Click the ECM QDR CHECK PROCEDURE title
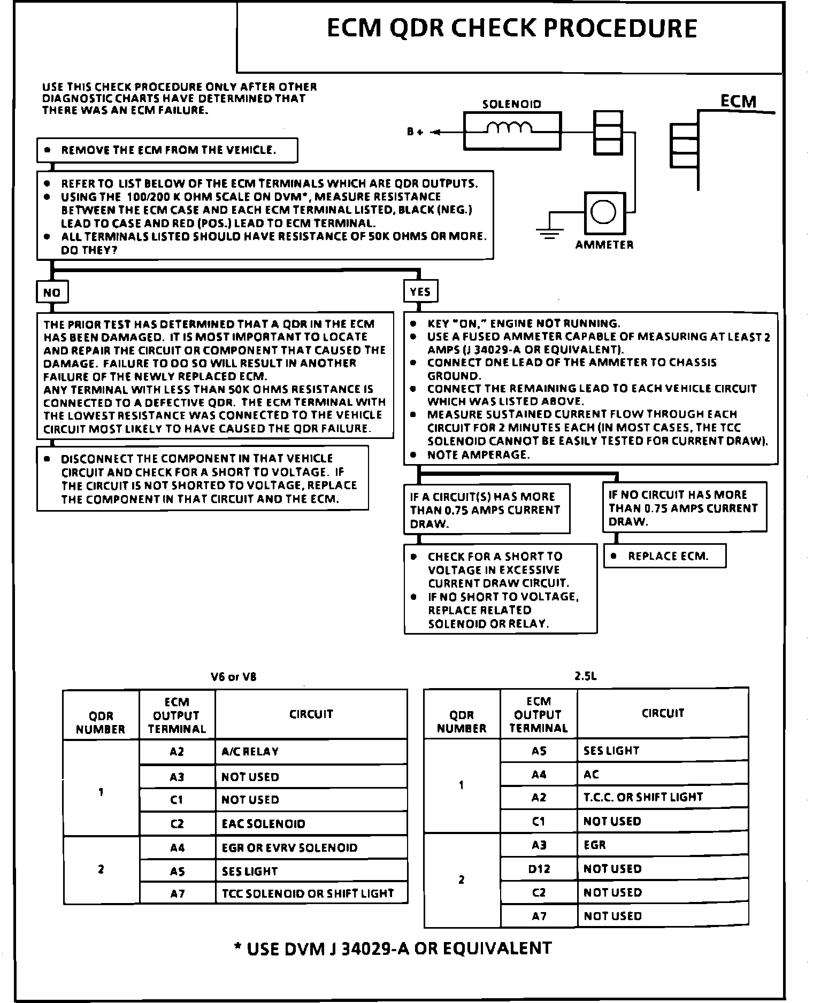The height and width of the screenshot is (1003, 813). tap(511, 29)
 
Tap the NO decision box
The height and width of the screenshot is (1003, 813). tap(52, 292)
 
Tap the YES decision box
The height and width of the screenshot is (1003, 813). tap(420, 292)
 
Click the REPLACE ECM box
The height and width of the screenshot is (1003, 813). tap(664, 556)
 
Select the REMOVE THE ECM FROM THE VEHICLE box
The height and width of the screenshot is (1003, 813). tap(167, 150)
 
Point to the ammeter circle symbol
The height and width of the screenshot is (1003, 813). tap(604, 212)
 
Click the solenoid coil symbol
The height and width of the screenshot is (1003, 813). tap(511, 129)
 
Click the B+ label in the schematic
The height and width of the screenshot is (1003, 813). tap(415, 132)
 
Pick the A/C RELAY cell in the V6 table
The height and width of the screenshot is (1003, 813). tap(310, 752)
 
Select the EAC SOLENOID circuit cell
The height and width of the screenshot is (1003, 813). tap(310, 824)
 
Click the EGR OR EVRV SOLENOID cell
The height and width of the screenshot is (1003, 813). tap(310, 848)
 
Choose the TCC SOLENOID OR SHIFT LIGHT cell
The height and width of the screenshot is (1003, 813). tap(310, 893)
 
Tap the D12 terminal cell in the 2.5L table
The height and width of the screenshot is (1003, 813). tap(539, 869)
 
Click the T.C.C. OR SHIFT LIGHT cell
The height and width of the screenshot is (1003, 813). tap(662, 797)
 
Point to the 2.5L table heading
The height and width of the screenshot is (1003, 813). tap(585, 676)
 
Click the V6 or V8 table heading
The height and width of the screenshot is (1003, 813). tap(234, 677)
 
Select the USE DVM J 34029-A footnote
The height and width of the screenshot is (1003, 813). tap(393, 948)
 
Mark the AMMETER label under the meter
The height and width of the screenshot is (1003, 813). tap(604, 245)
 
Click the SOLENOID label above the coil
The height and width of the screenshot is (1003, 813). tap(511, 104)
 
